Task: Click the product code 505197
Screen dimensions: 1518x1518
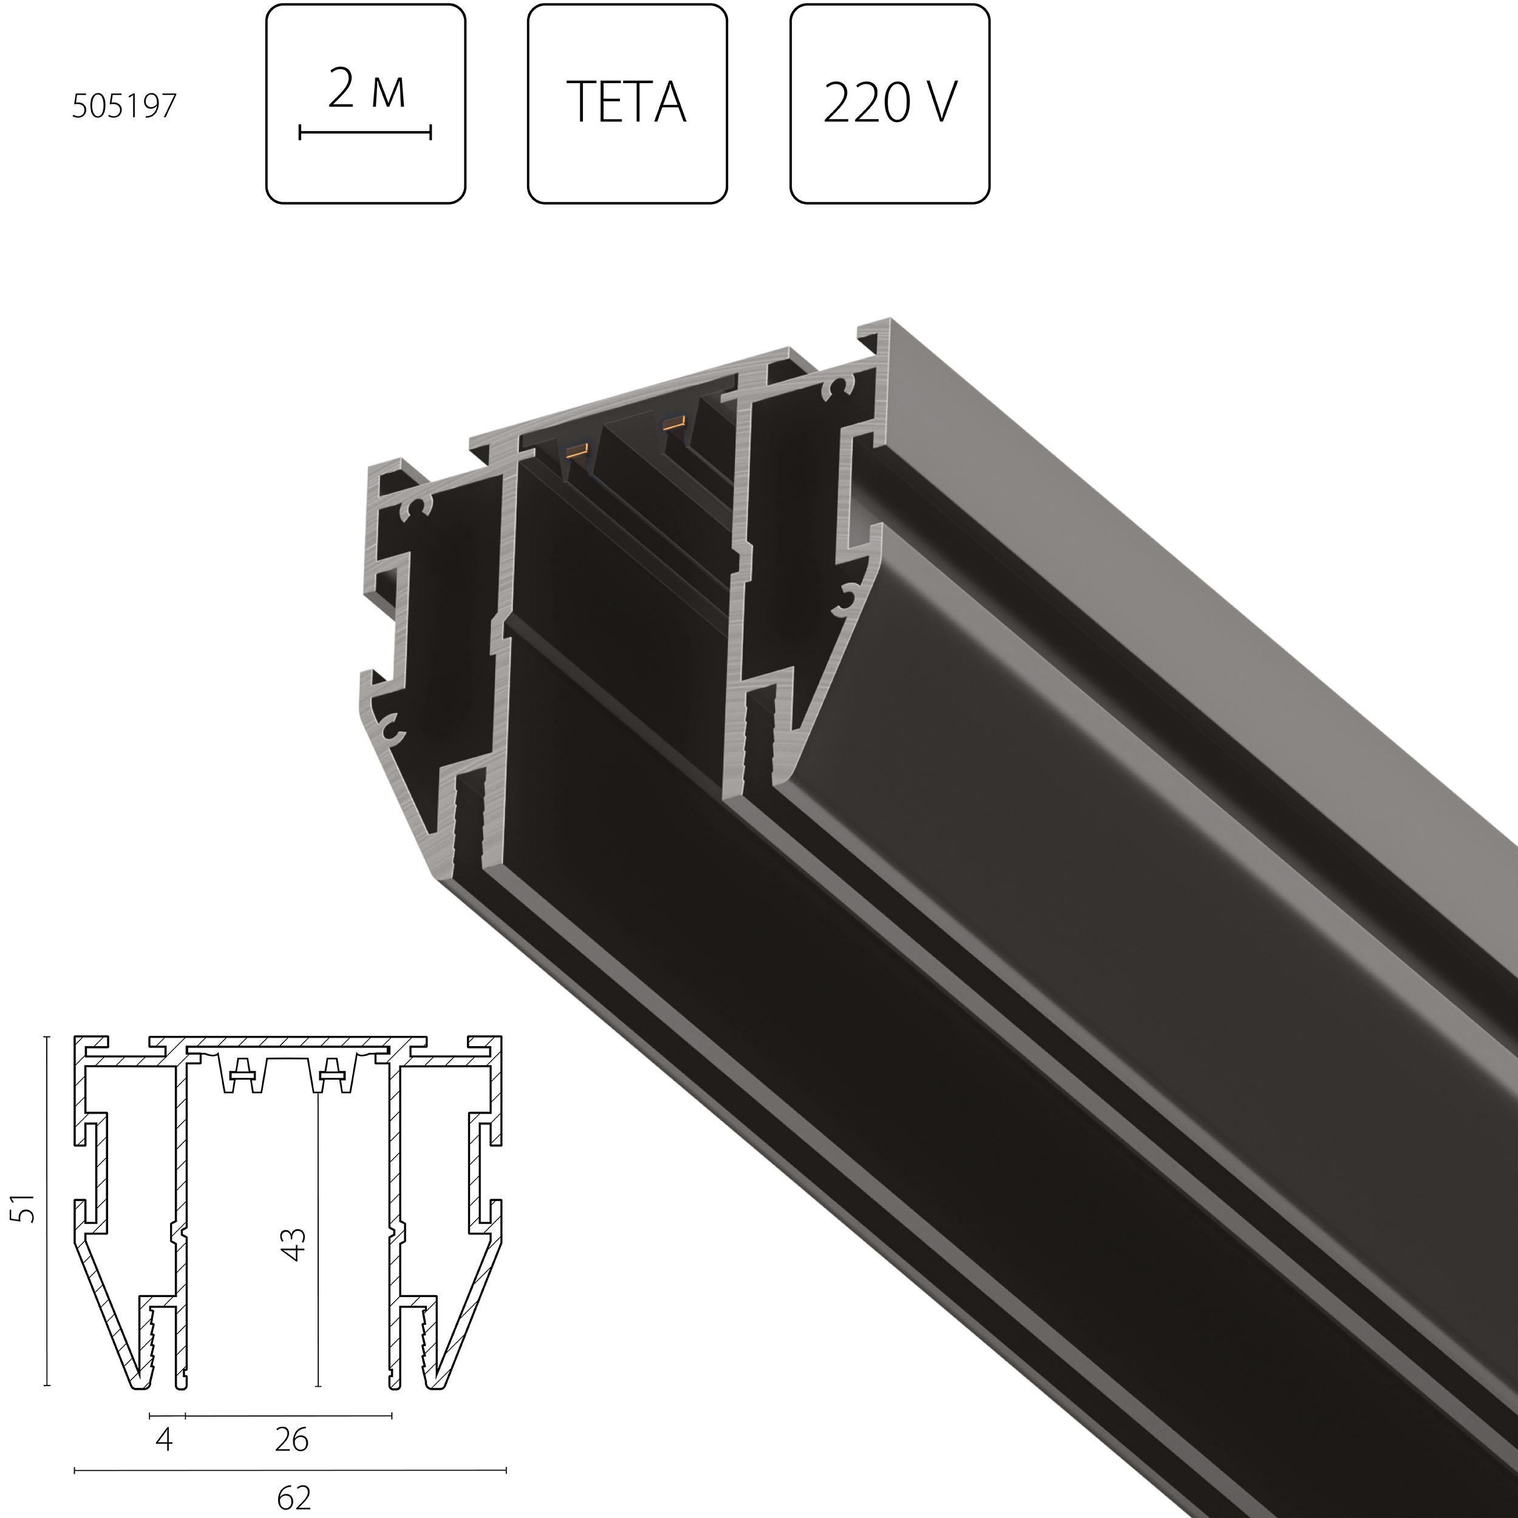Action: [124, 106]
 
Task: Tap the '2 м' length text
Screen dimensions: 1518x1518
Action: [366, 90]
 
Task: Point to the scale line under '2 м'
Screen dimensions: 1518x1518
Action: [366, 133]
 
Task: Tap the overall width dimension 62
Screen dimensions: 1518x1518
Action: [294, 1497]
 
